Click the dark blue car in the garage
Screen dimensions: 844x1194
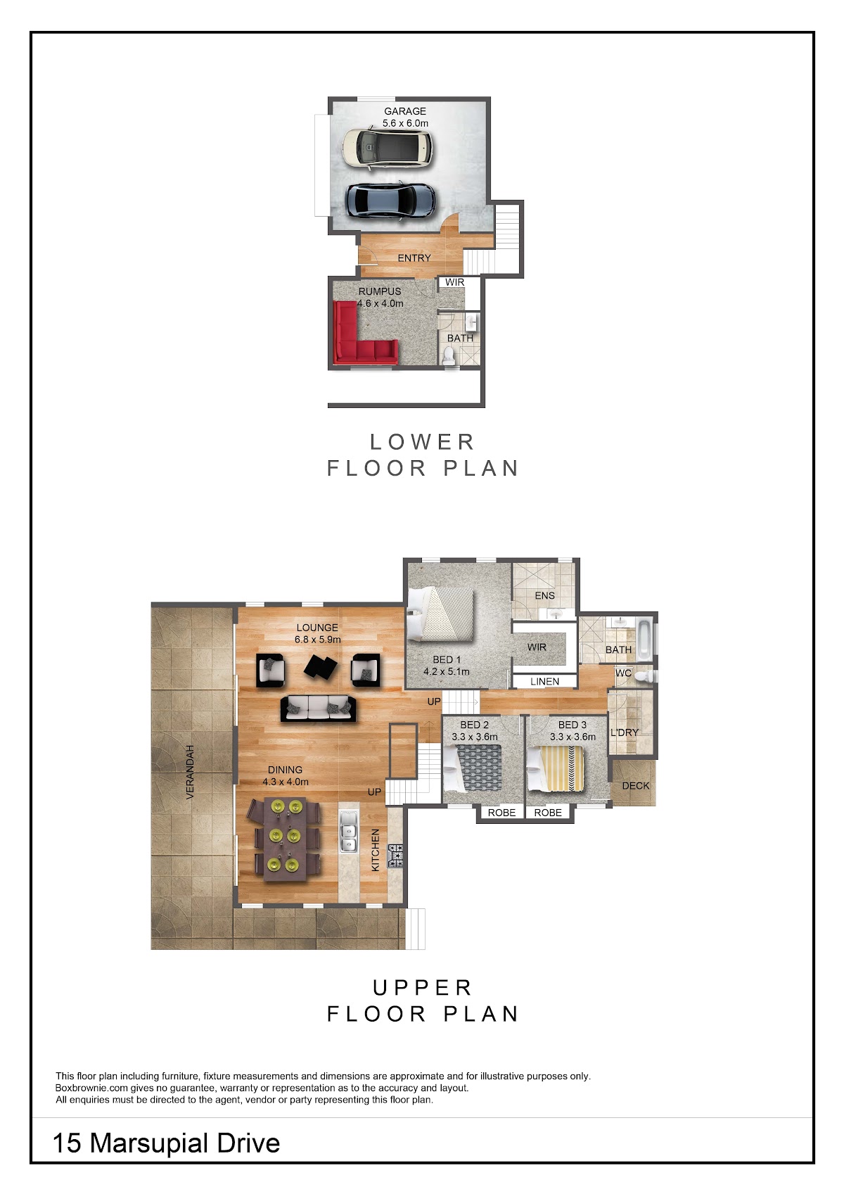tap(390, 201)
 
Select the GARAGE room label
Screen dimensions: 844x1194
tap(405, 111)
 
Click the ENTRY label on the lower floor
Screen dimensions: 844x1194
tap(414, 258)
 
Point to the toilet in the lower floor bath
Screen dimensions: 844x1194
tap(449, 355)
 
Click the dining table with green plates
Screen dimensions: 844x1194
tap(283, 839)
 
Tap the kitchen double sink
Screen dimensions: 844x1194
tap(348, 839)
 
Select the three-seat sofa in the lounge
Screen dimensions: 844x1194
tap(319, 709)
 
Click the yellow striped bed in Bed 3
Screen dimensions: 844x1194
tap(555, 768)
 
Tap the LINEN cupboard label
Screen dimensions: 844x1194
tap(544, 682)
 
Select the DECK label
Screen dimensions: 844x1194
tap(636, 786)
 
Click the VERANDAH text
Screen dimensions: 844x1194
tap(190, 771)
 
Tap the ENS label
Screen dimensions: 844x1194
tap(544, 595)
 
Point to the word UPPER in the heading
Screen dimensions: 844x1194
tap(422, 988)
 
